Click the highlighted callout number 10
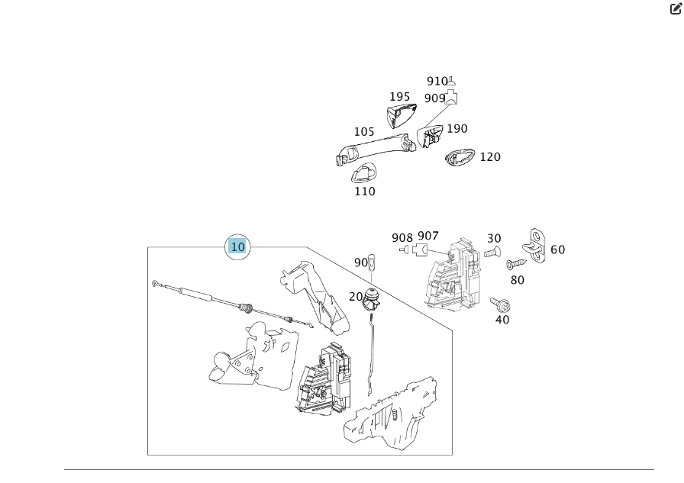237,246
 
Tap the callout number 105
364,132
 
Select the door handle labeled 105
376,150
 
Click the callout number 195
399,97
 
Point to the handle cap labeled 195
400,115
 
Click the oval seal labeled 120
460,157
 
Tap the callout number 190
457,129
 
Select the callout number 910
437,81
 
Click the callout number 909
434,98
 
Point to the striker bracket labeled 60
535,246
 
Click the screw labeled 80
516,264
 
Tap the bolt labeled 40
500,304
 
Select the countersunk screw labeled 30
492,252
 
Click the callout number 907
428,236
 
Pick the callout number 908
402,238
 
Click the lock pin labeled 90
372,262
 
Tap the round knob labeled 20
371,298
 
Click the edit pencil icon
676,8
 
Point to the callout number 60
557,250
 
